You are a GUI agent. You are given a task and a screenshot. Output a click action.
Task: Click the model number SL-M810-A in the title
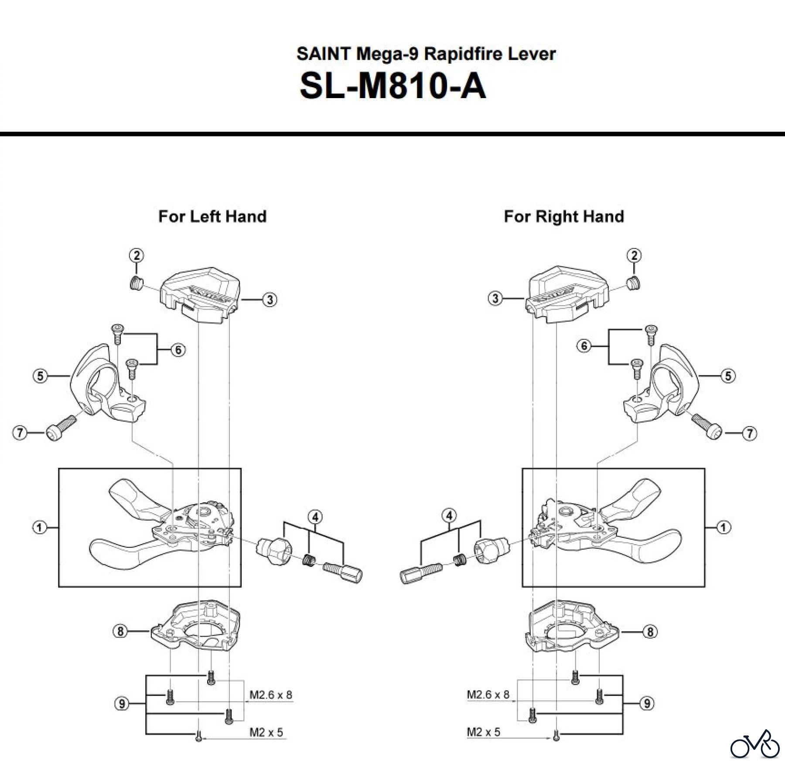pyautogui.click(x=392, y=86)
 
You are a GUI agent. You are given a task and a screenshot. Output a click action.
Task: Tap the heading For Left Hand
pyautogui.click(x=212, y=216)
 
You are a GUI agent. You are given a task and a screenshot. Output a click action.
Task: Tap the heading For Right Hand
pyautogui.click(x=564, y=216)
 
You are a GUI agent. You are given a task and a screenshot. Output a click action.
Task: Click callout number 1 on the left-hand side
pyautogui.click(x=40, y=528)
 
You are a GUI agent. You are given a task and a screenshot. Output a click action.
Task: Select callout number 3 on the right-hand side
pyautogui.click(x=495, y=299)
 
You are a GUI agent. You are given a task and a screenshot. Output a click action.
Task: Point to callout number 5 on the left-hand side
pyautogui.click(x=41, y=375)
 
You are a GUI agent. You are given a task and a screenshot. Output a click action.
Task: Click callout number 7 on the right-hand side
pyautogui.click(x=749, y=433)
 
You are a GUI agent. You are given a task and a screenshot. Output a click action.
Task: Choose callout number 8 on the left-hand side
pyautogui.click(x=121, y=631)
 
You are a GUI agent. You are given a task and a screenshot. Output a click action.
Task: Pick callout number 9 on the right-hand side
pyautogui.click(x=647, y=703)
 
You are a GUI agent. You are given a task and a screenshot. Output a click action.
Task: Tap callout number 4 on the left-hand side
pyautogui.click(x=315, y=517)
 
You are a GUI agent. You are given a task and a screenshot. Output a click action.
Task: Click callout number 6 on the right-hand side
pyautogui.click(x=584, y=346)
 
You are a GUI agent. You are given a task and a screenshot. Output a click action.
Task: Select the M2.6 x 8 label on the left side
pyautogui.click(x=270, y=695)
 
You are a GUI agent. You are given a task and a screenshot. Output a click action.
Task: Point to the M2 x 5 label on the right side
pyautogui.click(x=483, y=732)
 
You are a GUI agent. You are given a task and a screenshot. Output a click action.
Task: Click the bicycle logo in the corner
pyautogui.click(x=755, y=744)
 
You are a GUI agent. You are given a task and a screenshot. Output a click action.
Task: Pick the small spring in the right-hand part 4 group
pyautogui.click(x=459, y=559)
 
